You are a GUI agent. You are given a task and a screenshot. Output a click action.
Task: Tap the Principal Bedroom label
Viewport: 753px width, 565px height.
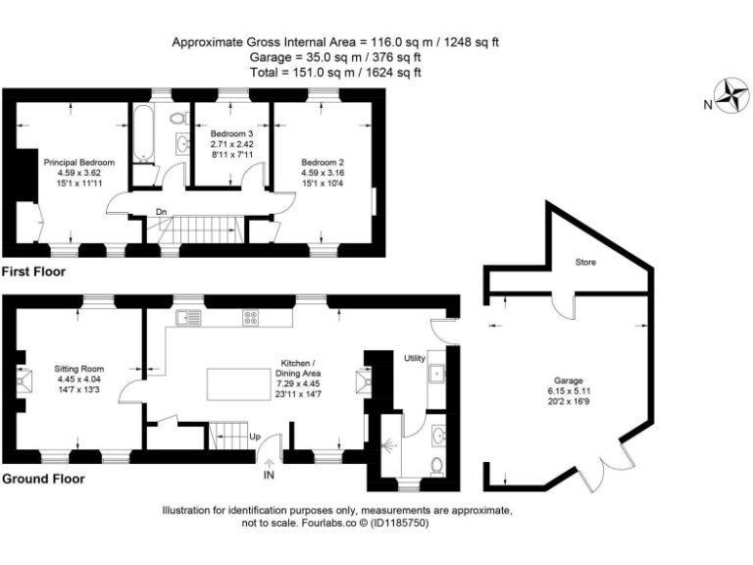[x=79, y=162]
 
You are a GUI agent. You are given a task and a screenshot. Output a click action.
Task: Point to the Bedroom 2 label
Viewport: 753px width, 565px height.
[x=323, y=162]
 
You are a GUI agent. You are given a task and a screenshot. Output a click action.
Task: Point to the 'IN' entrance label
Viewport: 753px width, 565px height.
[x=269, y=476]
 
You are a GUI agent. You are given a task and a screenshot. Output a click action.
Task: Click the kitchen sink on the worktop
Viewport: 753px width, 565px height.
[x=186, y=317]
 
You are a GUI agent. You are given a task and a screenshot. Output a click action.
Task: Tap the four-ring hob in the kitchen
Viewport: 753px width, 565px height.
[x=250, y=317]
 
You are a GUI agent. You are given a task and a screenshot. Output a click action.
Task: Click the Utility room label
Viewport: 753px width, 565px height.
[x=415, y=359]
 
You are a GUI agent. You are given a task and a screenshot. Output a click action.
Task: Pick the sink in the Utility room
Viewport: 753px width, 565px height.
[x=435, y=373]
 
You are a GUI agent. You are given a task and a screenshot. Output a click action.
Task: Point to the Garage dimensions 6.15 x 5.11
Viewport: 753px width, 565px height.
[x=569, y=390]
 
